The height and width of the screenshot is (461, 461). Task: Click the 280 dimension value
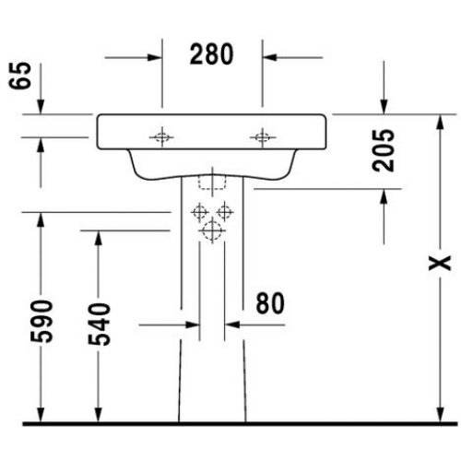coord(212,54)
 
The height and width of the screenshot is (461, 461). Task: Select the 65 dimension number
coord(20,76)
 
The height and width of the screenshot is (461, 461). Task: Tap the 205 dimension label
coord(383,150)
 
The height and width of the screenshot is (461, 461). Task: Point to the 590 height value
coord(41,321)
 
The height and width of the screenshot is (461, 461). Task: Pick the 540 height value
coord(99,325)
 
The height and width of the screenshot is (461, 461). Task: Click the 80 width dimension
coord(270,303)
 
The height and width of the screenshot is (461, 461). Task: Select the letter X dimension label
coord(440,263)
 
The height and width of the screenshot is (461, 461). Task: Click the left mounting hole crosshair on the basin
coord(161,137)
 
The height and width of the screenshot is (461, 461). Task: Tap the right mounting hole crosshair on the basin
coord(263,137)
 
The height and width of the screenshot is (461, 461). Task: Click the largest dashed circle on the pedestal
coord(212,230)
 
